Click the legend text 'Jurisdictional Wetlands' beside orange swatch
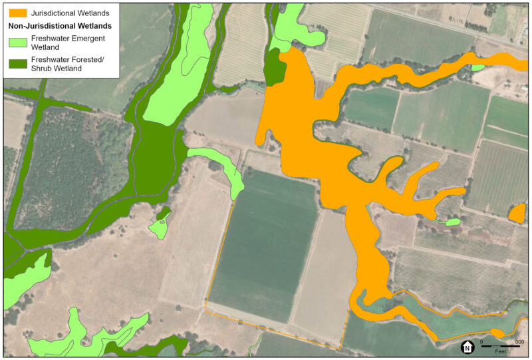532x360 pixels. [70, 13]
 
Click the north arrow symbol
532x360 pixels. [467, 347]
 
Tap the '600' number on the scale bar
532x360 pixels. [519, 342]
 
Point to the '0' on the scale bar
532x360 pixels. [481, 342]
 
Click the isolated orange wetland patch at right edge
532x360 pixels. [517, 214]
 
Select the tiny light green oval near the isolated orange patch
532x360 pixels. [453, 222]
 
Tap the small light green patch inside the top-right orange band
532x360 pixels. [477, 67]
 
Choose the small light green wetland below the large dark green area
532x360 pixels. [159, 227]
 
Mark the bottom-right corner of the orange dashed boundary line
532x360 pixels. [340, 348]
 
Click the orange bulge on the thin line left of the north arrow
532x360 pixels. [497, 333]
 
